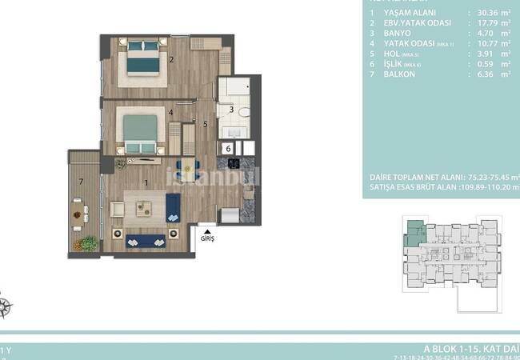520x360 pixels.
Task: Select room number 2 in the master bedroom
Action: [x=171, y=60]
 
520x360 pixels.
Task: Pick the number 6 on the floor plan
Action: [x=227, y=148]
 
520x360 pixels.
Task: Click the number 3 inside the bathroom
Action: [x=231, y=110]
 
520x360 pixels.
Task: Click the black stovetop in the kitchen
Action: [x=234, y=163]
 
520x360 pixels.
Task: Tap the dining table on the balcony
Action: [x=80, y=214]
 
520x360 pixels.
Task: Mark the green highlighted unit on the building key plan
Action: [x=415, y=233]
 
